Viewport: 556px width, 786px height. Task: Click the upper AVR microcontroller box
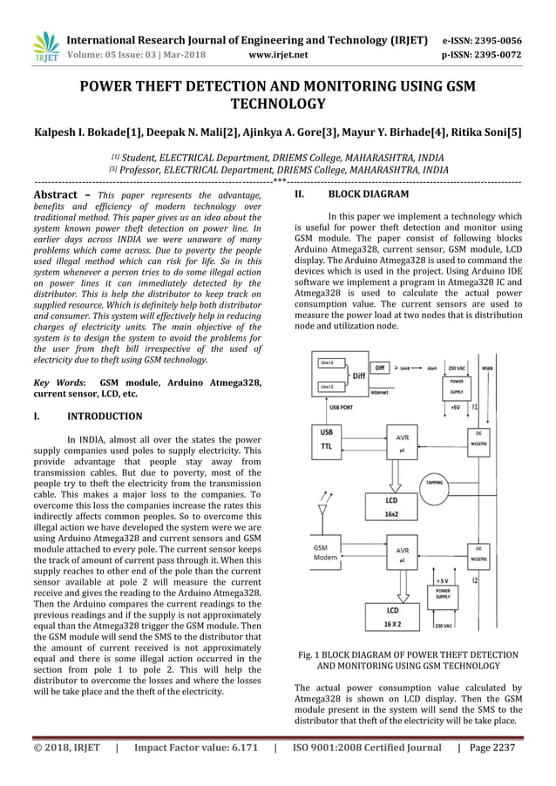pos(402,442)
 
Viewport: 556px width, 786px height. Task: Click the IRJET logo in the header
pos(44,47)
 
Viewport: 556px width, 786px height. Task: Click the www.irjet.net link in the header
pos(278,55)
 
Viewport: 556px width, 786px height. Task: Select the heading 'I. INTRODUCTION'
pos(87,417)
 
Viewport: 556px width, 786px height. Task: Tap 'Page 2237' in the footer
pos(492,748)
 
